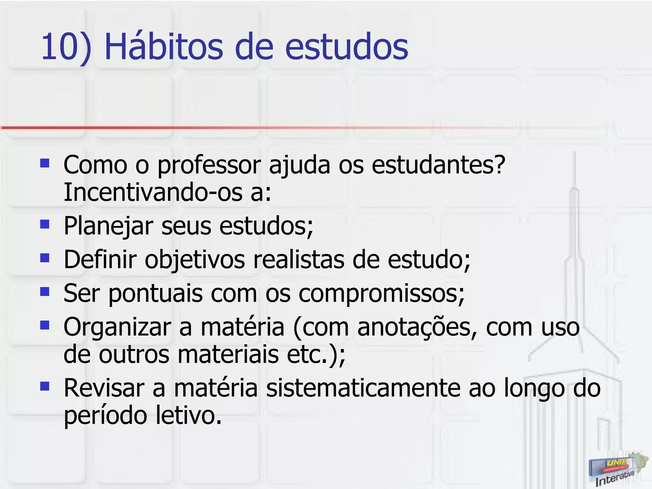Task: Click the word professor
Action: [209, 166]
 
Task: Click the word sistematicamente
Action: [363, 388]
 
